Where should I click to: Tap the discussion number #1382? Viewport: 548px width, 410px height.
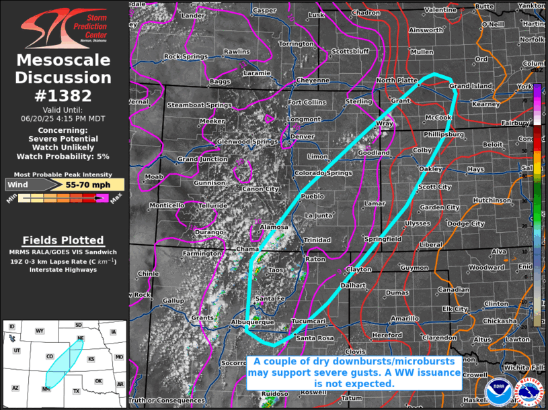click(x=64, y=95)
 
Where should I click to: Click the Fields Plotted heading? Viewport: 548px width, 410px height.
click(x=63, y=240)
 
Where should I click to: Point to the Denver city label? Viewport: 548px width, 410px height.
click(x=302, y=136)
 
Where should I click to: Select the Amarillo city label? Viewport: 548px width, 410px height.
click(x=405, y=318)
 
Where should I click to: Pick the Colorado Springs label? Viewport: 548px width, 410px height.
click(x=313, y=173)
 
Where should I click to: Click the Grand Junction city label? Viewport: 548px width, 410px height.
click(x=202, y=159)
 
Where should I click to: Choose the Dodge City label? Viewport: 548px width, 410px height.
click(x=465, y=223)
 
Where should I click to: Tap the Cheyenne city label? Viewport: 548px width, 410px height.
click(x=312, y=80)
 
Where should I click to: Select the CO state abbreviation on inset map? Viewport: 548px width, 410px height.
click(x=50, y=356)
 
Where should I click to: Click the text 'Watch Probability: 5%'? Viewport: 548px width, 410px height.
click(x=64, y=156)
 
